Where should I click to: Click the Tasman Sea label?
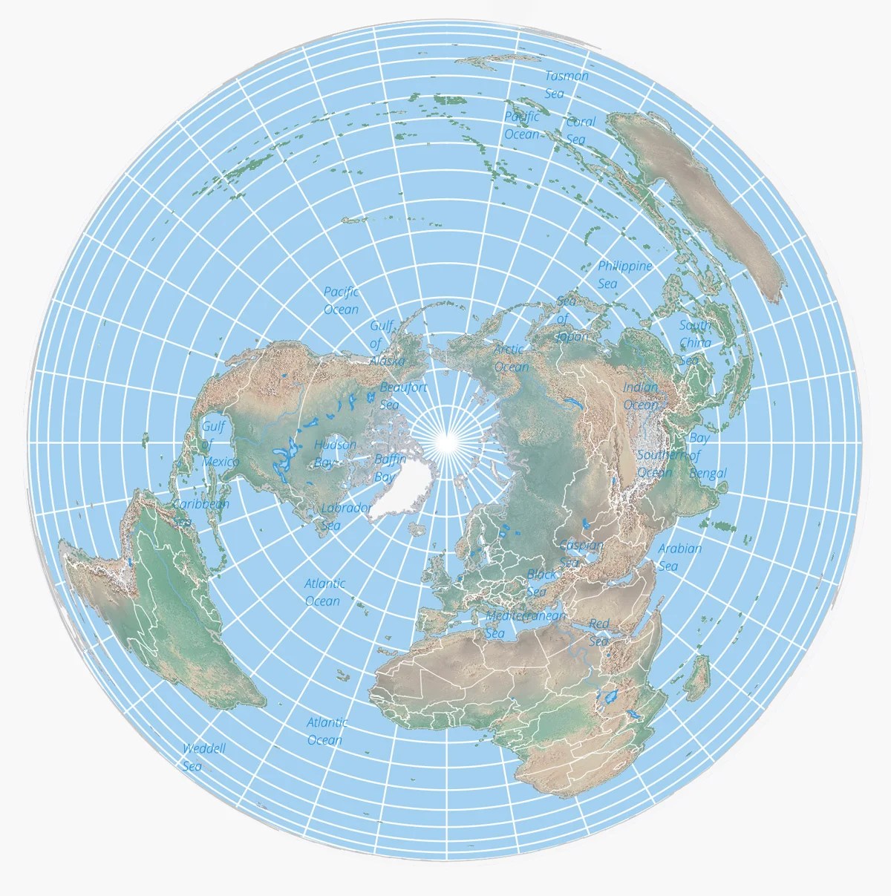[565, 85]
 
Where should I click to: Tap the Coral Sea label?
[580, 131]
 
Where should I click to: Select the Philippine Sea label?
[624, 275]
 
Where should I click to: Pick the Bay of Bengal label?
[703, 455]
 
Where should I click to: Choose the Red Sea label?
[598, 632]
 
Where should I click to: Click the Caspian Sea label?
[580, 554]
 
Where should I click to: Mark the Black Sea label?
[541, 583]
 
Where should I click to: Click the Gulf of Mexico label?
[219, 444]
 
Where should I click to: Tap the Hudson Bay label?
[334, 453]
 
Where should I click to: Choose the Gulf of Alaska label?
[386, 343]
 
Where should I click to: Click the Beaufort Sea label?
[402, 396]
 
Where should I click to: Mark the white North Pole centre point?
[447, 442]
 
